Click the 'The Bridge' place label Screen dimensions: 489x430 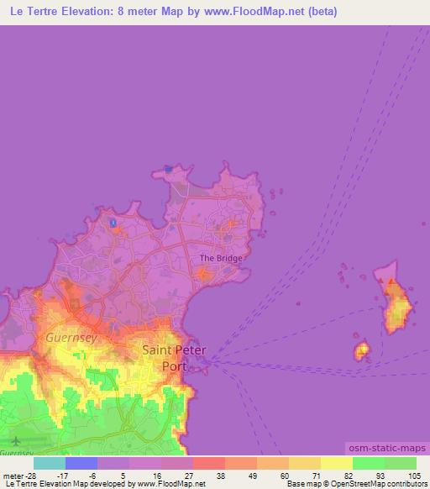click(221, 258)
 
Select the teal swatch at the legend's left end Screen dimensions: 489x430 click(50, 463)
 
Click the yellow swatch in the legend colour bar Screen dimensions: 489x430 click(336, 463)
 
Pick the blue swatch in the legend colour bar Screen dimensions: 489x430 click(81, 463)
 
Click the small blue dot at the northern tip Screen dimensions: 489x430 click(169, 169)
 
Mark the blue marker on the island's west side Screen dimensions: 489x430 click(113, 223)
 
